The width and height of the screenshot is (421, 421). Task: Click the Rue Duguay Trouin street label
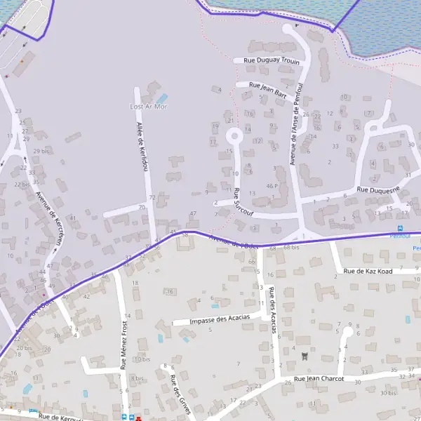271,61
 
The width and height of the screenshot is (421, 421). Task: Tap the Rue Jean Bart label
267,88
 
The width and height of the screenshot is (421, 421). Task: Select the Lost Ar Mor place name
149,107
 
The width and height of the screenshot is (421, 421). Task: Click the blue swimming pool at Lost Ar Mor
162,98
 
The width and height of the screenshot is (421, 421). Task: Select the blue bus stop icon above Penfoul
401,228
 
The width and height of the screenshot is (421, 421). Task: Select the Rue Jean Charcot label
319,379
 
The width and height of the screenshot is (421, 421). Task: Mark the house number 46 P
273,186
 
